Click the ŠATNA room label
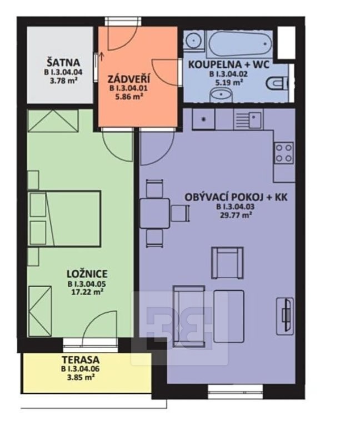(x=63, y=62)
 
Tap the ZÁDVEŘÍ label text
(x=129, y=79)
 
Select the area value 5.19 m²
(x=229, y=82)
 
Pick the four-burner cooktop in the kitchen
(x=284, y=153)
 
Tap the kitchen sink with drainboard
(x=248, y=119)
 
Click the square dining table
(x=154, y=214)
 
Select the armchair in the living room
(x=227, y=263)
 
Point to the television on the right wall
(x=285, y=316)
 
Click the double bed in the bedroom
(x=64, y=218)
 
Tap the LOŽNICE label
(x=87, y=274)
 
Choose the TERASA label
(x=81, y=360)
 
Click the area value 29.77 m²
(x=236, y=215)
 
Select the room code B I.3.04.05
(x=87, y=284)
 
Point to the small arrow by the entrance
(x=102, y=56)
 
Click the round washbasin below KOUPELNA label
(x=221, y=96)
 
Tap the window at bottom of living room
(x=235, y=391)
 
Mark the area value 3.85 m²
(x=81, y=377)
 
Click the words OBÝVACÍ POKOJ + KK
(x=236, y=197)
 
